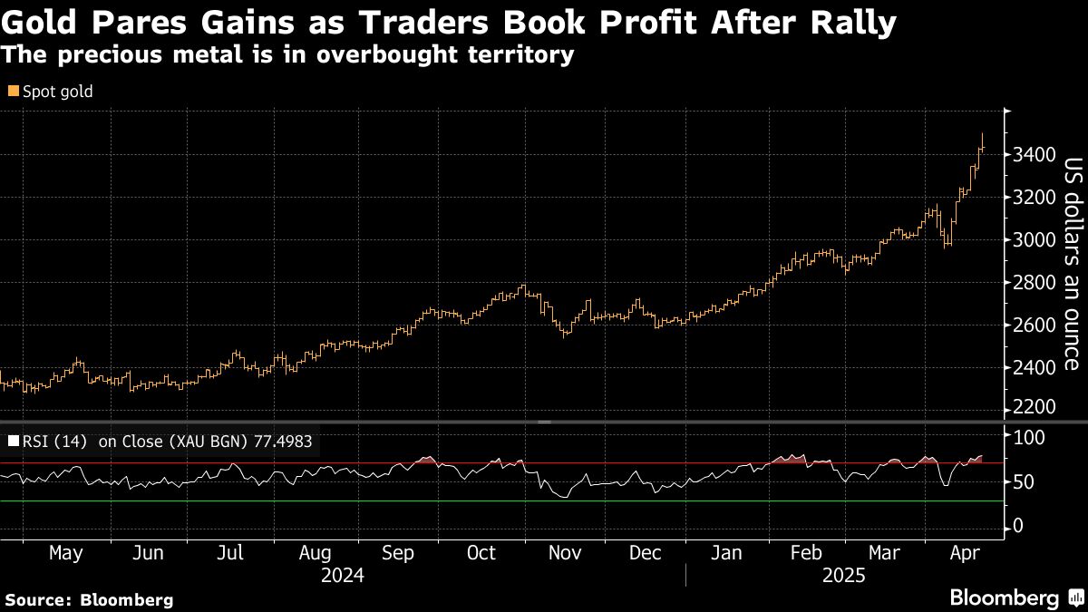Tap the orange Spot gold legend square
pyautogui.click(x=13, y=92)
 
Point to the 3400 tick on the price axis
pyautogui.click(x=1035, y=155)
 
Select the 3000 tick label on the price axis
pyautogui.click(x=1035, y=240)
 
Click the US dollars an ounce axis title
pyautogui.click(x=1071, y=264)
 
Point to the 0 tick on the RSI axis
pyautogui.click(x=1019, y=527)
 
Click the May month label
pyautogui.click(x=65, y=552)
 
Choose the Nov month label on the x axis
pyautogui.click(x=566, y=552)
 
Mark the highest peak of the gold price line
pyautogui.click(x=982, y=134)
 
